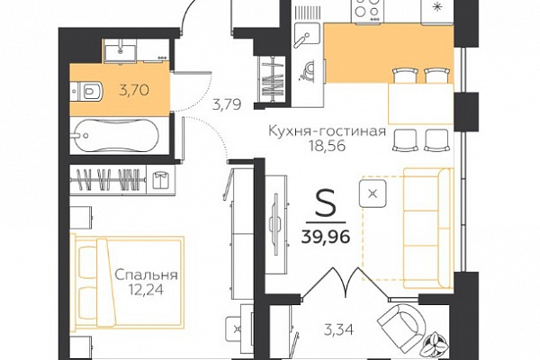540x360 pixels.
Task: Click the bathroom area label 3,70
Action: click(134, 90)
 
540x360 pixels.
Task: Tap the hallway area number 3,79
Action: click(227, 104)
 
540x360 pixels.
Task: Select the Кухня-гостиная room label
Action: click(327, 131)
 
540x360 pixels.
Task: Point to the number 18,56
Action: click(327, 147)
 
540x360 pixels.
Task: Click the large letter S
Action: click(325, 203)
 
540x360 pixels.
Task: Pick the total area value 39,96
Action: click(326, 237)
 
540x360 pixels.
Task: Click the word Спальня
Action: click(146, 275)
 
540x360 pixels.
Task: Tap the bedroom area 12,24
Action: click(146, 290)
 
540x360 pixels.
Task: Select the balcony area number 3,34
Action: click(339, 330)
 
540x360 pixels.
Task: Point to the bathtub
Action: click(114, 135)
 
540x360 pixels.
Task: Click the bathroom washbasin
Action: click(121, 50)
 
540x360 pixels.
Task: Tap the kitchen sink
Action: click(307, 35)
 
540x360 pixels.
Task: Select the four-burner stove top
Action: click(365, 12)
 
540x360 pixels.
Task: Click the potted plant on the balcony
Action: click(436, 342)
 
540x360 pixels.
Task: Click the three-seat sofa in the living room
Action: click(427, 228)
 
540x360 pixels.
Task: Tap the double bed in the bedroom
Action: click(128, 282)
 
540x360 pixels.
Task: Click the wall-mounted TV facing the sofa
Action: click(276, 224)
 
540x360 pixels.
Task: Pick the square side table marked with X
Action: click(373, 193)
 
